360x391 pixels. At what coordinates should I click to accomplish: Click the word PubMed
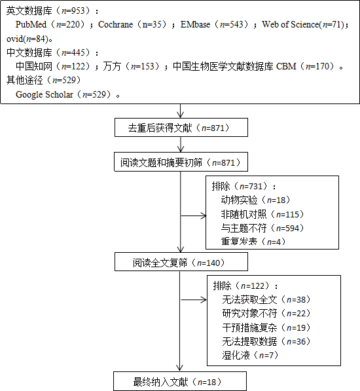click(x=31, y=24)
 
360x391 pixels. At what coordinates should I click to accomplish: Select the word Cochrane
click(x=116, y=24)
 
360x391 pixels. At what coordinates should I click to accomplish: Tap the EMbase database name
click(x=195, y=24)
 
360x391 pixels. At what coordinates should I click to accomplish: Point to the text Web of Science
click(x=291, y=24)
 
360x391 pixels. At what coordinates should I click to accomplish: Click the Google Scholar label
click(x=45, y=94)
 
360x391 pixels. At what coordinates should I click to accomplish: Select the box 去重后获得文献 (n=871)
click(x=181, y=128)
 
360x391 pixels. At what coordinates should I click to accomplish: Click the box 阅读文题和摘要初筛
click(x=181, y=162)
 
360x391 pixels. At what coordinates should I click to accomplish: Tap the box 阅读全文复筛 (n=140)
click(x=181, y=261)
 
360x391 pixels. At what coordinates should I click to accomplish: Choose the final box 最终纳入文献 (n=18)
click(x=180, y=381)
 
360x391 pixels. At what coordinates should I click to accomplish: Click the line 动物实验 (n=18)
click(x=256, y=200)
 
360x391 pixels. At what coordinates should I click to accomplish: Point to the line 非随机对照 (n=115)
click(x=262, y=214)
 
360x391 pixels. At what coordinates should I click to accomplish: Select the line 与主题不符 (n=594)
click(x=262, y=228)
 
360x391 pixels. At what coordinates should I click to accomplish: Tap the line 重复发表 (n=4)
click(x=253, y=242)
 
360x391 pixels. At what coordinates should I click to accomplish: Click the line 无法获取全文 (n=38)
click(x=266, y=299)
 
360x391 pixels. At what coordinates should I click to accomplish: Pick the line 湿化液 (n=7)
click(x=250, y=355)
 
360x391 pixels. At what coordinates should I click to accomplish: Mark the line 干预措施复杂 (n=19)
click(x=266, y=327)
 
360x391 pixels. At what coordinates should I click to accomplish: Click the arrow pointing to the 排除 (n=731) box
click(x=194, y=215)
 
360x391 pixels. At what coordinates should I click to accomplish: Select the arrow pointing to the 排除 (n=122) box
click(x=194, y=300)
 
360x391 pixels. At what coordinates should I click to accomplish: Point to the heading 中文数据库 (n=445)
click(x=52, y=52)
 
